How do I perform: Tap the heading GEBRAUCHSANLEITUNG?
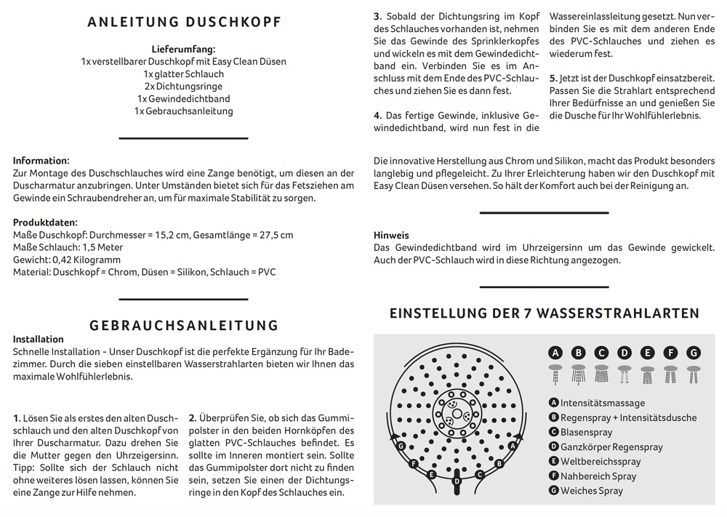(184, 325)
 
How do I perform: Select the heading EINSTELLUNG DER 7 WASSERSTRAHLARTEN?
(545, 313)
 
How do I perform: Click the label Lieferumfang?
(183, 49)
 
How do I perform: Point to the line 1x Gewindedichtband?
(183, 98)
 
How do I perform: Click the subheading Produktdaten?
(45, 223)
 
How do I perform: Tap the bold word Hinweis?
(391, 236)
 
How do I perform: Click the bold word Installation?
(39, 339)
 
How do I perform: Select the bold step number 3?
(377, 16)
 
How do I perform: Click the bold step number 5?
(553, 78)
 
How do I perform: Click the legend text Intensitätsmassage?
(603, 403)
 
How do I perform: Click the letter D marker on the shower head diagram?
(457, 481)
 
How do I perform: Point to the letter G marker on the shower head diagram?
(401, 445)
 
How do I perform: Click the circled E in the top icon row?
(648, 353)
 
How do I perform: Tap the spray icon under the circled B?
(579, 374)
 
